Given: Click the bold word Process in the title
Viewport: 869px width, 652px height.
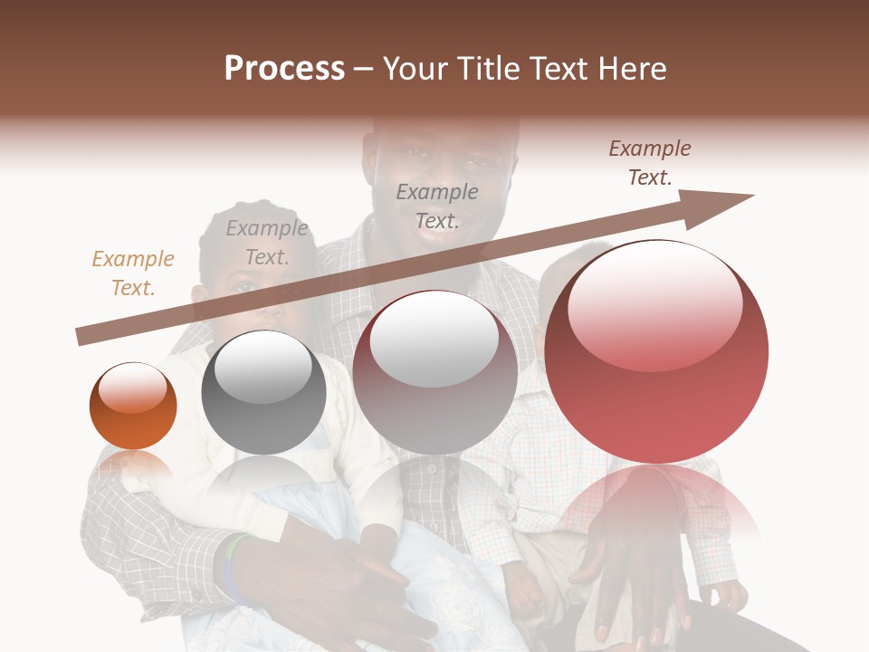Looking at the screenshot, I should (284, 69).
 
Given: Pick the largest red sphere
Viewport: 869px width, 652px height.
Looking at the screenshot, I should (656, 389).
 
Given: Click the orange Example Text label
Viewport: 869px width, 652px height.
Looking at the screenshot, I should (133, 273).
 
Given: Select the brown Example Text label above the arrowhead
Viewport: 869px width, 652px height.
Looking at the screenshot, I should (650, 163).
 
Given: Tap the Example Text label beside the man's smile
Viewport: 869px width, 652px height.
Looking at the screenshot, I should (437, 206).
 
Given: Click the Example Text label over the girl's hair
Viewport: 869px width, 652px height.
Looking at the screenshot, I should (267, 243).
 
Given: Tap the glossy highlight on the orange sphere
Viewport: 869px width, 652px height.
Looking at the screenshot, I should (133, 387).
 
